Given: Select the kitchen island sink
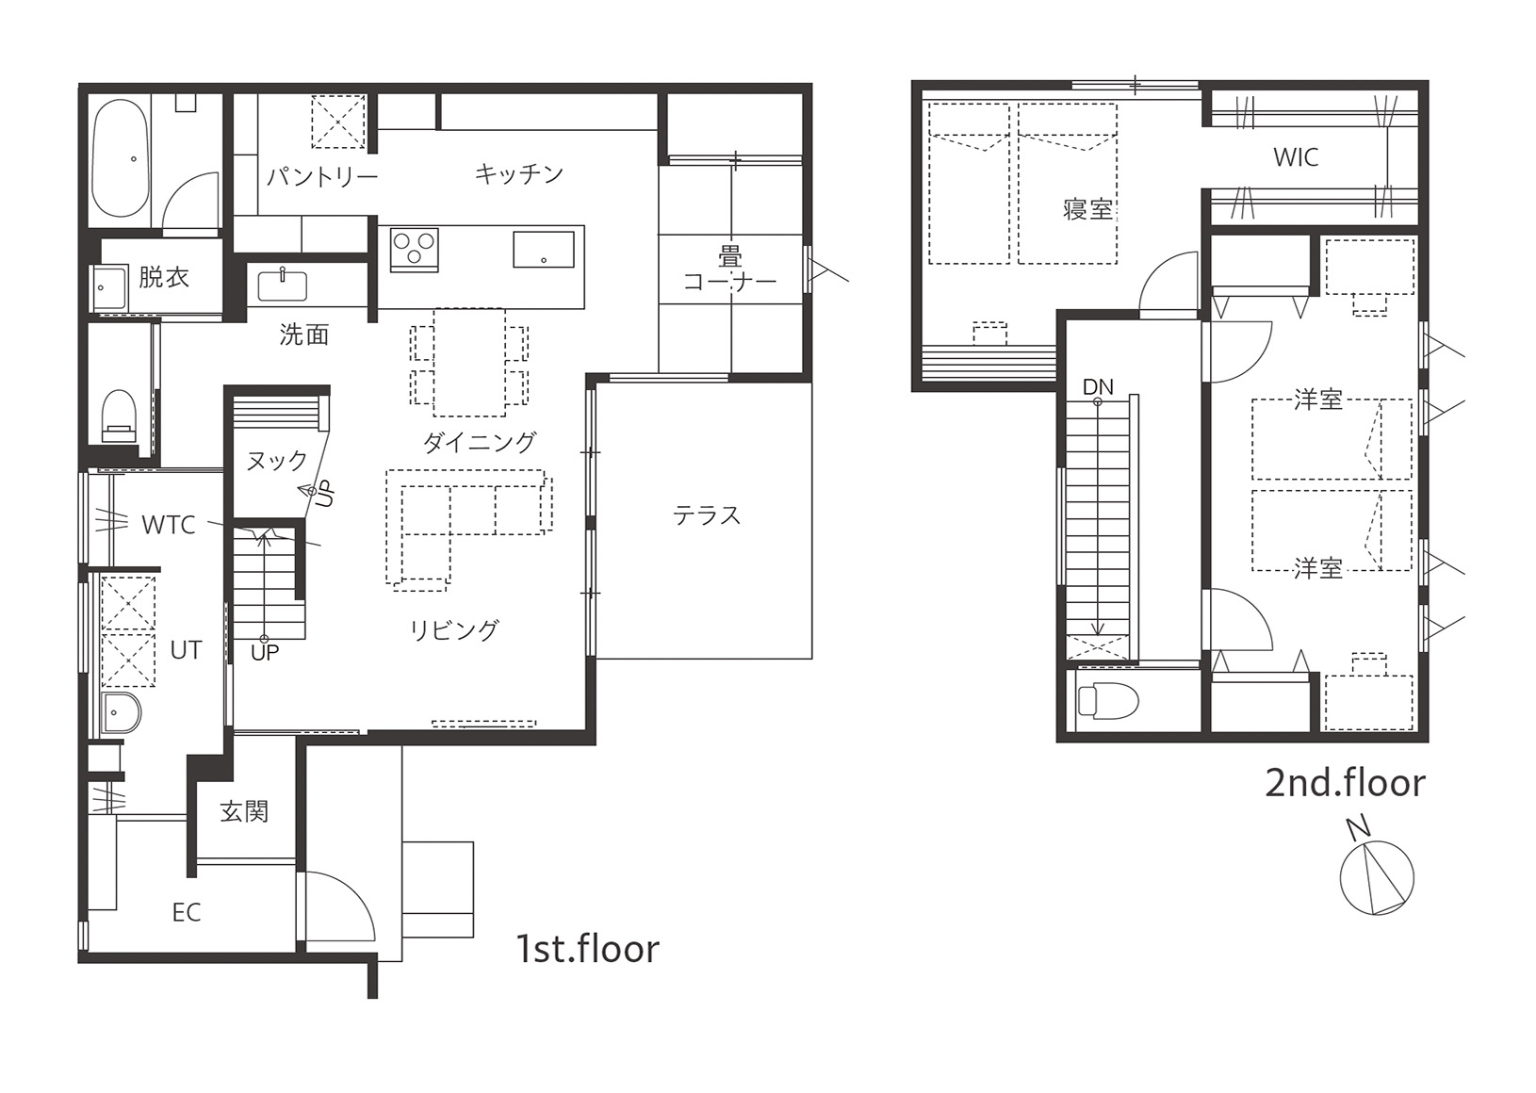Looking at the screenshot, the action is point(543,250).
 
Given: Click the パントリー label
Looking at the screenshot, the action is point(322,177).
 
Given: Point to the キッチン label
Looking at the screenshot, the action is point(519,173).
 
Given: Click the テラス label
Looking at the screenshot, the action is point(707,515).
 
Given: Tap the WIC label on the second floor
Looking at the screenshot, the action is point(1296,157).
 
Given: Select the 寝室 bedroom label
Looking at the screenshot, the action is point(1087,209).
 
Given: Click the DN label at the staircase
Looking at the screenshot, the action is point(1097,386).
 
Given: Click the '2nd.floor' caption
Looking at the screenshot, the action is point(1345,783).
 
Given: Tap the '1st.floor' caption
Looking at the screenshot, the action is point(587,949).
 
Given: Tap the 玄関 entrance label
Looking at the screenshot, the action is point(244,812).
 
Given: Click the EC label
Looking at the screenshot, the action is point(187,912).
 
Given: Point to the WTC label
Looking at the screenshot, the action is point(169,525).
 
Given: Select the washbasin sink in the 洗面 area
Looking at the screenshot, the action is point(282,285).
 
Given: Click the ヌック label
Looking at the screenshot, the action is point(276,461).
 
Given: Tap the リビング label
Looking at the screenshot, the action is point(454,630).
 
